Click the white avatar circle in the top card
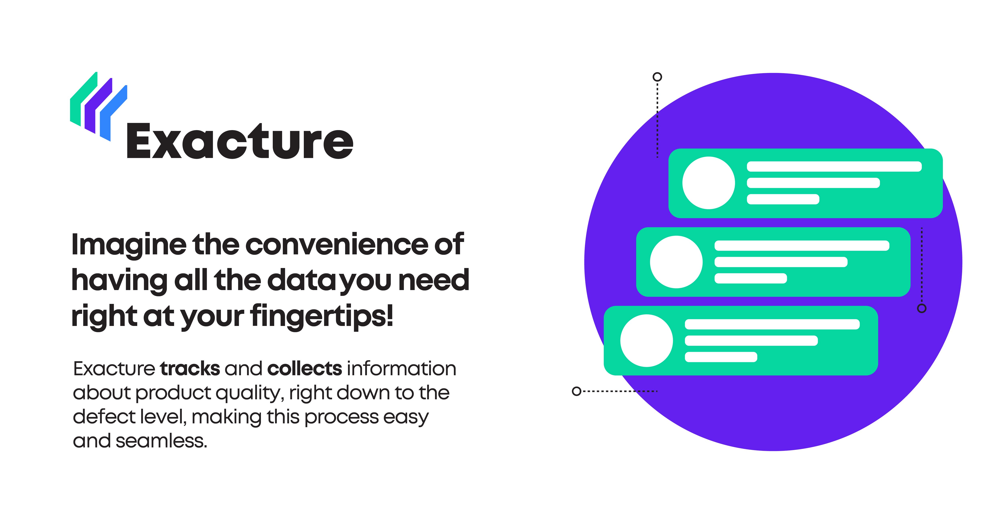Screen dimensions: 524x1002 (708, 183)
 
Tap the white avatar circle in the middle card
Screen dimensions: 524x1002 (676, 262)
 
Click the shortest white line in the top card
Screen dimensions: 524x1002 (783, 199)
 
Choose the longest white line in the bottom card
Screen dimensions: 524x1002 (772, 324)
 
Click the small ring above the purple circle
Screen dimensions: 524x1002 (657, 77)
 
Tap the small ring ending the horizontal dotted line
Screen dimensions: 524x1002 (577, 391)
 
